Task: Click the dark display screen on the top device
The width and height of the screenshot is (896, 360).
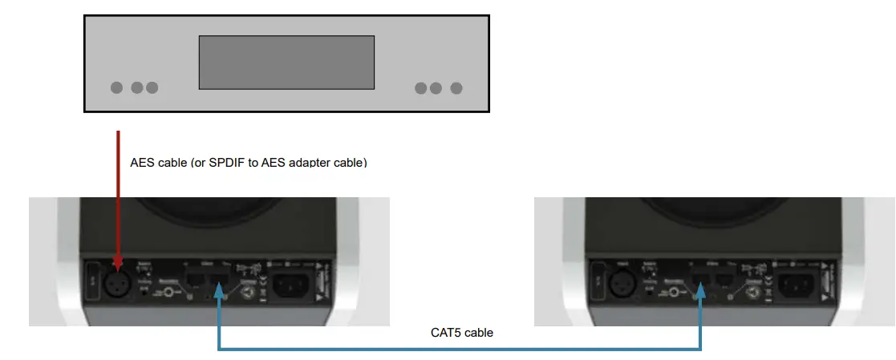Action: tap(286, 62)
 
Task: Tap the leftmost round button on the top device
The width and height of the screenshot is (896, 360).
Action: tap(117, 87)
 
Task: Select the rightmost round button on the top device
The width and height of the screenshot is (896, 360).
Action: tap(456, 87)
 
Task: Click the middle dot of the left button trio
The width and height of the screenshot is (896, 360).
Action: tap(137, 87)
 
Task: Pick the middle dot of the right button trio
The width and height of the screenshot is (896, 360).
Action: tap(436, 87)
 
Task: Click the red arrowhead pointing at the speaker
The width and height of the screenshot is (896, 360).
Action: tap(119, 263)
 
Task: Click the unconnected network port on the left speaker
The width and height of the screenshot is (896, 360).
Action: tap(194, 280)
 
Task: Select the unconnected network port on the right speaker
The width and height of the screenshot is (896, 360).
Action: tap(724, 280)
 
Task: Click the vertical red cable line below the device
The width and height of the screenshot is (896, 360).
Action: tap(119, 192)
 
